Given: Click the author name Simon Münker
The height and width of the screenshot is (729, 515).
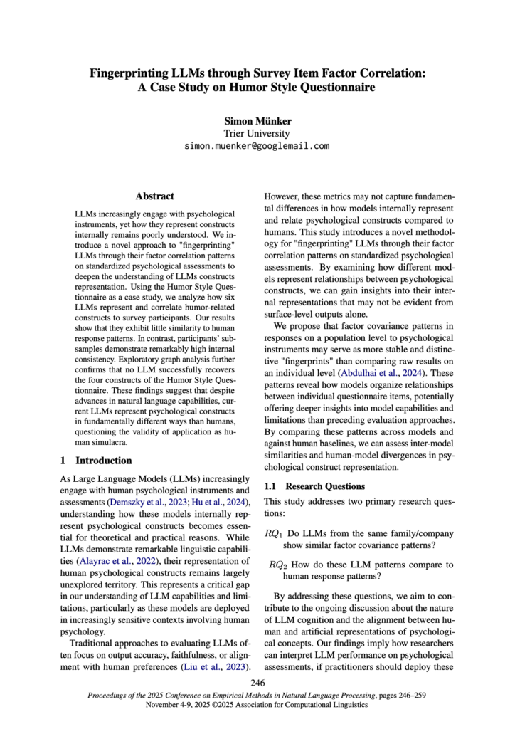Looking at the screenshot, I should (257, 121).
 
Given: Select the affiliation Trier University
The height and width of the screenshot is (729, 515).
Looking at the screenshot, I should (257, 133).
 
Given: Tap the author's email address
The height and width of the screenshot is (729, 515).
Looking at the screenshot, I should (257, 146).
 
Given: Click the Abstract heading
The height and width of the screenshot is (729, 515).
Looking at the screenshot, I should (154, 196).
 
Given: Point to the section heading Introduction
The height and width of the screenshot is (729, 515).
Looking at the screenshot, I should (104, 461).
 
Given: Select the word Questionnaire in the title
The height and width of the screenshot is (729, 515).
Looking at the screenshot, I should (330, 88).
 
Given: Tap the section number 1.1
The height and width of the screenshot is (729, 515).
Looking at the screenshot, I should (271, 486).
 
